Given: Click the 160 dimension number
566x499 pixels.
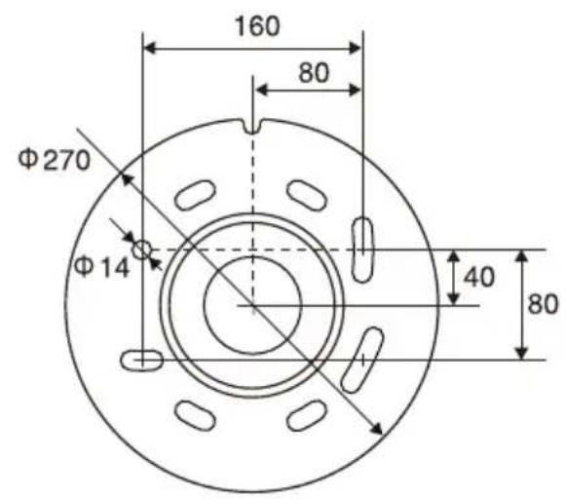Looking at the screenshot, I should point(255,25).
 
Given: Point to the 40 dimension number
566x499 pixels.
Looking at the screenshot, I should point(477,277).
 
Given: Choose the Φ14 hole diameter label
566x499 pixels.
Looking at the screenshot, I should point(102,265).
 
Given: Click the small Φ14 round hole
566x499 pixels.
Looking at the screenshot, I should point(143,250).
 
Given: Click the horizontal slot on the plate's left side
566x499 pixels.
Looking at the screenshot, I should point(143,360).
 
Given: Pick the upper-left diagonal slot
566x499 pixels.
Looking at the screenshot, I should point(196,193).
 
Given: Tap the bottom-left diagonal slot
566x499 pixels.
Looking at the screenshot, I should point(195,414).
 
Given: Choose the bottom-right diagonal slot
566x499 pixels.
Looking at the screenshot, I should point(309,414).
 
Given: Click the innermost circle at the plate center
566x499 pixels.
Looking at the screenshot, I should point(252,305).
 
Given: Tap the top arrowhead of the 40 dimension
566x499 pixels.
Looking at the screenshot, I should point(453,254).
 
